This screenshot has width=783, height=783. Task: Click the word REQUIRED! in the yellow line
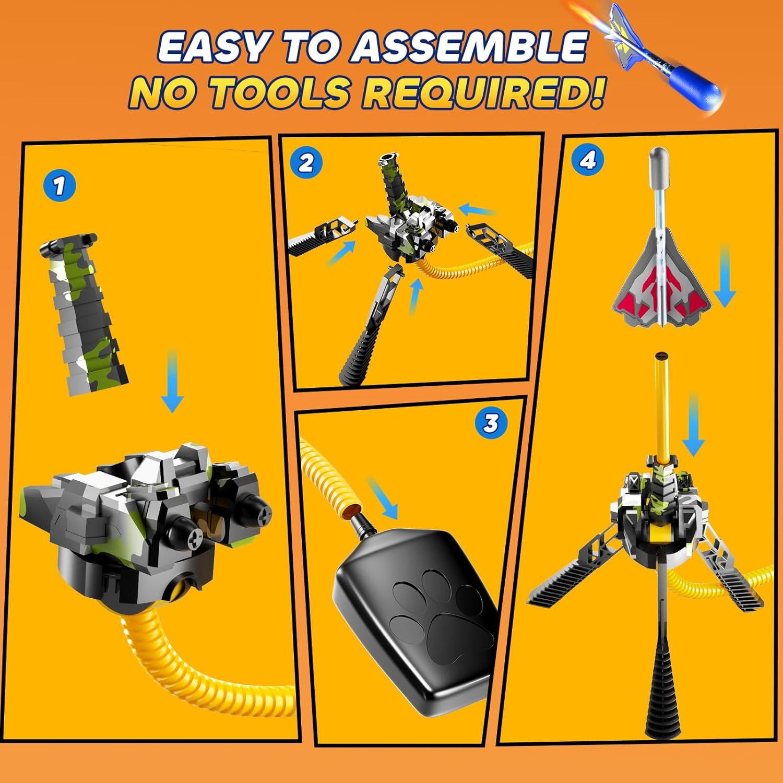(485, 92)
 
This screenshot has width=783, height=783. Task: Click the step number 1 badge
(60, 185)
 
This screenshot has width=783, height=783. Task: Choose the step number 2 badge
(306, 163)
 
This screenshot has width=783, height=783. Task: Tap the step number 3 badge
(491, 423)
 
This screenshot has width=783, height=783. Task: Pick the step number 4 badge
(588, 161)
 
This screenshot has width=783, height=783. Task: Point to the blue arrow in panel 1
(172, 381)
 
